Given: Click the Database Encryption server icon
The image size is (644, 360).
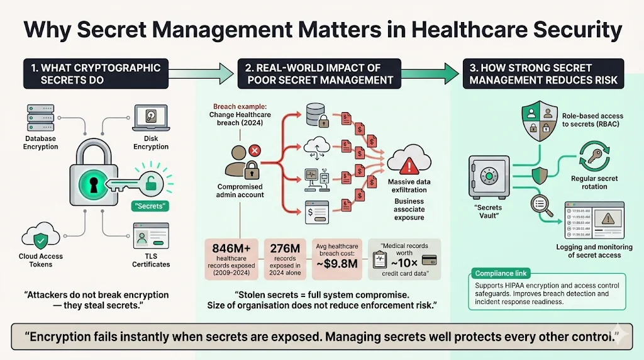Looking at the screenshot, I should point(41,118).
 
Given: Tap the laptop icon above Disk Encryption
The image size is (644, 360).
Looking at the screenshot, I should point(150,118).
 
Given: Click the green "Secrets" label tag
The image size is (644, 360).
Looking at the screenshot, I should point(151,205).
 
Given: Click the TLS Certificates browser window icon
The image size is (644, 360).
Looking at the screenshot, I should point(150,238).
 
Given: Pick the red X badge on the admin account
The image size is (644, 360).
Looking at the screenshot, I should point(255,151).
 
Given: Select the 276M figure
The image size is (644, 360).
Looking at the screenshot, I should point(285,249).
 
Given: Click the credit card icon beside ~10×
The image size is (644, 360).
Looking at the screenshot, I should point(430,260).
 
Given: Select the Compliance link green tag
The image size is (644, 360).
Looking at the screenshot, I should point(501,273).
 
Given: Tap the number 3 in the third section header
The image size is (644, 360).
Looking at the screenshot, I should point(474,67).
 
